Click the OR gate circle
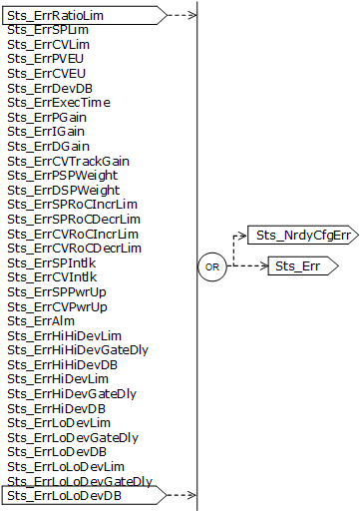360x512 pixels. point(211,267)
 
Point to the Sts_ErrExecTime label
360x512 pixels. point(58,103)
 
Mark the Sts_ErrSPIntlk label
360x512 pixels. point(50,262)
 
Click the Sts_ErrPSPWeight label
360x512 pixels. point(59,176)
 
